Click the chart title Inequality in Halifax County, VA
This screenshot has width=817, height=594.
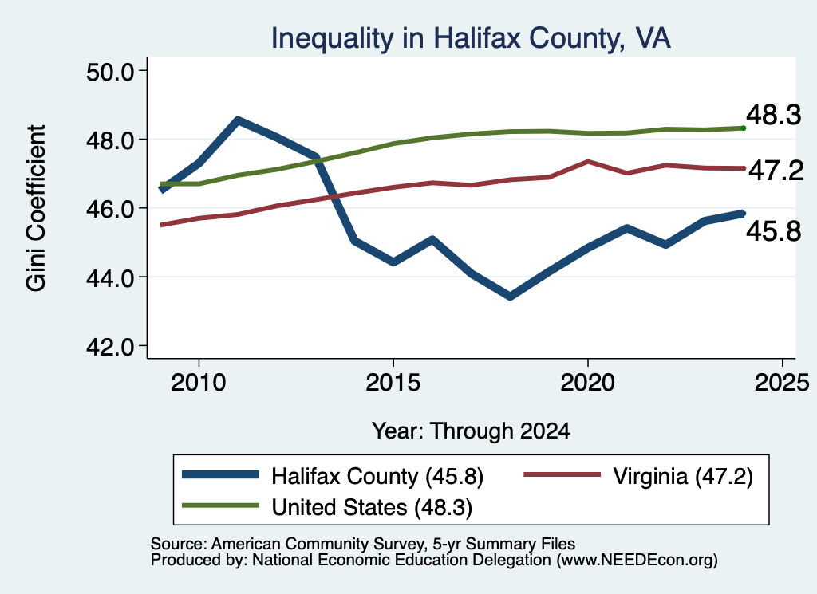click(x=471, y=38)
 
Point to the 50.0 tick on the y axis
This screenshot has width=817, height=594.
click(x=110, y=72)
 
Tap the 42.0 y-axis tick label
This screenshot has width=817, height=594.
click(x=110, y=347)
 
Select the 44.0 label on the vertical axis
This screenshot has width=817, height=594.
click(x=110, y=278)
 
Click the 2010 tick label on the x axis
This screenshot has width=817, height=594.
click(x=199, y=383)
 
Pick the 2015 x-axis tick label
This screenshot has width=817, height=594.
click(x=393, y=383)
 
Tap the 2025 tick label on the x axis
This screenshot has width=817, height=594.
click(x=782, y=383)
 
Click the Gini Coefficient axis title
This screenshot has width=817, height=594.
click(x=36, y=208)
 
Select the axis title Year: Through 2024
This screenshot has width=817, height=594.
click(x=471, y=431)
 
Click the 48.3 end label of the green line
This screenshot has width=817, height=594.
click(x=774, y=115)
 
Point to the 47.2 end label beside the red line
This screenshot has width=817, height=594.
click(x=776, y=171)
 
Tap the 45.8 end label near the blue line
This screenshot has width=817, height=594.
click(x=774, y=230)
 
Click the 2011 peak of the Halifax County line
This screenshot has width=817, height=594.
click(x=238, y=120)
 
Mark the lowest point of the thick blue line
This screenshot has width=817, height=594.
click(x=510, y=297)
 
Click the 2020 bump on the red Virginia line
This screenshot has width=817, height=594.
click(x=588, y=162)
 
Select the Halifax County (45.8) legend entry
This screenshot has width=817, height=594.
click(x=333, y=476)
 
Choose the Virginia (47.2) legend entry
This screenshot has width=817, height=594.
click(x=638, y=476)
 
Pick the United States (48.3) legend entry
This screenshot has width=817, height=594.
click(x=327, y=506)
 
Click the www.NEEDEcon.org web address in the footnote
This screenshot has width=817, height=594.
click(x=637, y=561)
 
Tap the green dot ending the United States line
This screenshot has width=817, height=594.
click(x=744, y=128)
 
